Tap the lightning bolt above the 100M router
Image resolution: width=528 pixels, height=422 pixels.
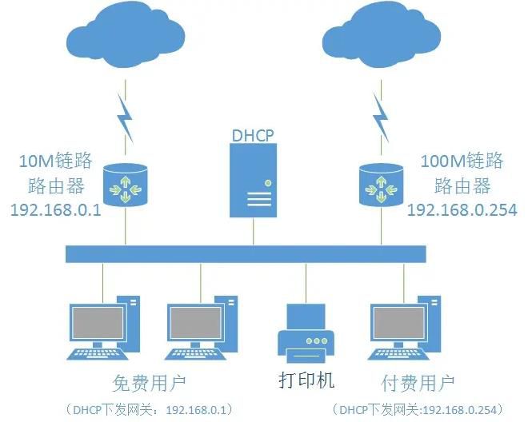click(x=382, y=117)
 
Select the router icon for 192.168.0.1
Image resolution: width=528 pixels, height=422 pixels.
click(x=126, y=186)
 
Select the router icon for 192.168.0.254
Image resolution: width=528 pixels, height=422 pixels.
click(x=381, y=186)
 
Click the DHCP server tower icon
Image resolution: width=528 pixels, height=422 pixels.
click(x=254, y=183)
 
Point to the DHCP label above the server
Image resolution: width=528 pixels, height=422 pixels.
click(x=254, y=134)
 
